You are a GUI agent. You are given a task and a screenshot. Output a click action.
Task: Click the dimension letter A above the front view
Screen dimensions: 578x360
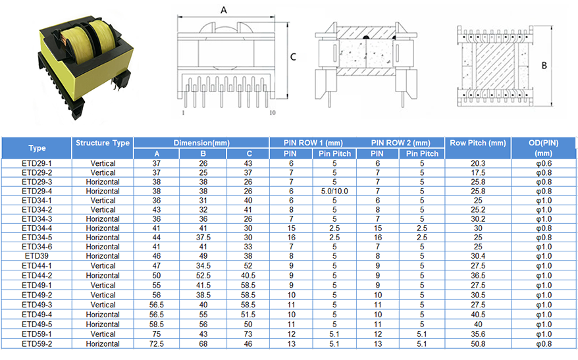pyautogui.click(x=224, y=11)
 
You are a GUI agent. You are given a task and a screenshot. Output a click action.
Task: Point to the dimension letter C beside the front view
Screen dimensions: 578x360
pyautogui.click(x=293, y=57)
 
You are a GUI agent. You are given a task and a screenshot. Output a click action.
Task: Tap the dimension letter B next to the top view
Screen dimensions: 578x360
pyautogui.click(x=544, y=66)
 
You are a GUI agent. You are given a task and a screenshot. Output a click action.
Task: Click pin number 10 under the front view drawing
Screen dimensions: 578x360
pyautogui.click(x=273, y=113)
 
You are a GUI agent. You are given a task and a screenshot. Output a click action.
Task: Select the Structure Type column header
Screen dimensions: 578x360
pyautogui.click(x=103, y=143)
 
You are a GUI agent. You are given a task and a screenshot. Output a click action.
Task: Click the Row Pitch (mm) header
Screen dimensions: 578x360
pyautogui.click(x=478, y=143)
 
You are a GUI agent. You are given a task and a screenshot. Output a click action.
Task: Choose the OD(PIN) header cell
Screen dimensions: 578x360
pyautogui.click(x=543, y=148)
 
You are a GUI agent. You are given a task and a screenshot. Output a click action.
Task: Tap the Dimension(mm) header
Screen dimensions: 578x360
pyautogui.click(x=201, y=143)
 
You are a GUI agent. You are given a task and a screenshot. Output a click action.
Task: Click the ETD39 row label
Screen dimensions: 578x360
pyautogui.click(x=36, y=256)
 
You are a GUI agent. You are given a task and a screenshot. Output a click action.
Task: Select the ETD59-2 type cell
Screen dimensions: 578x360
pyautogui.click(x=36, y=344)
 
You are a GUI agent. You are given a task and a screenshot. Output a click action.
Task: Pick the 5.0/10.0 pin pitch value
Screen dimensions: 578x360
pyautogui.click(x=334, y=192)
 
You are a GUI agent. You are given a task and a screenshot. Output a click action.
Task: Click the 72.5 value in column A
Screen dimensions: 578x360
pyautogui.click(x=157, y=344)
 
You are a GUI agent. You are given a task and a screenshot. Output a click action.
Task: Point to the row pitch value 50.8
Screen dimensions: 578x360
pyautogui.click(x=478, y=344)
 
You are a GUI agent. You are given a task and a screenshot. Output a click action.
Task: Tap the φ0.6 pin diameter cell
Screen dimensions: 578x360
pyautogui.click(x=544, y=164)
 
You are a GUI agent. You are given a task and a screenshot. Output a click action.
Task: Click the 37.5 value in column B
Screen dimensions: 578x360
pyautogui.click(x=203, y=238)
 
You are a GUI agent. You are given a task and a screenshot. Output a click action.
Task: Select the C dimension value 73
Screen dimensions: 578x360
pyautogui.click(x=248, y=334)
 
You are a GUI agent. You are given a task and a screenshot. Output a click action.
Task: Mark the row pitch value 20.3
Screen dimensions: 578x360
pyautogui.click(x=478, y=164)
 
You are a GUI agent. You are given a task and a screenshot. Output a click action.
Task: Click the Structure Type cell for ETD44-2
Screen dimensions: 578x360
pyautogui.click(x=103, y=276)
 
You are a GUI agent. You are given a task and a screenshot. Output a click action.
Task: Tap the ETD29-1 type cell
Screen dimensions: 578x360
pyautogui.click(x=36, y=164)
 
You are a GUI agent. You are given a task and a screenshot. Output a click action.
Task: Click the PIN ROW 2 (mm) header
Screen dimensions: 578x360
pyautogui.click(x=400, y=143)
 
